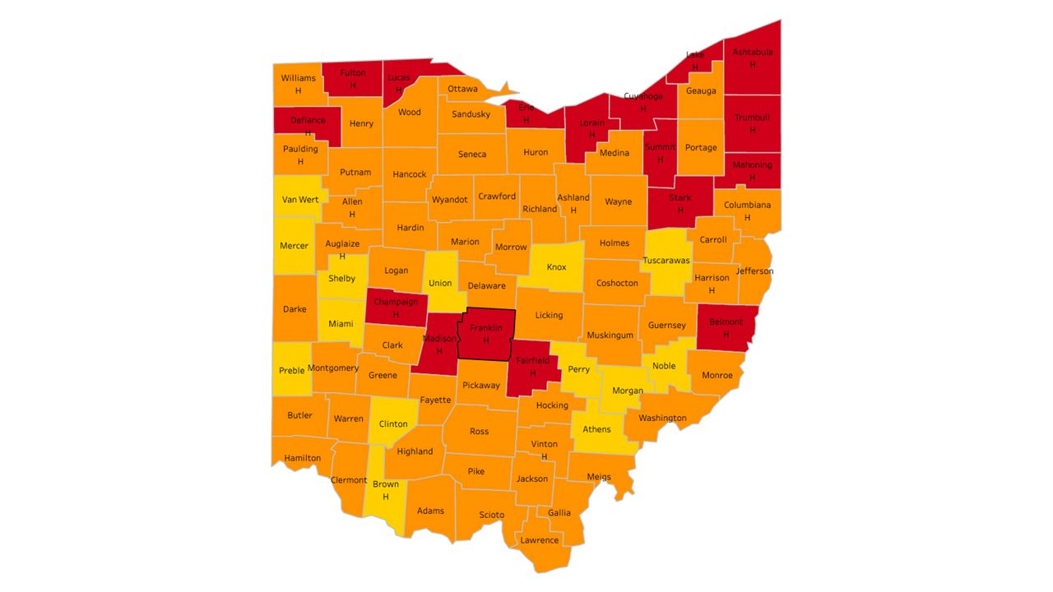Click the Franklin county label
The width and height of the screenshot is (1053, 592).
(x=485, y=328)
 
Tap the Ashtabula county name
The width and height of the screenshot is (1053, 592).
(x=752, y=52)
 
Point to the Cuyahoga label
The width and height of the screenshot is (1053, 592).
(x=643, y=96)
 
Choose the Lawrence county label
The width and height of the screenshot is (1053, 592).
(x=540, y=540)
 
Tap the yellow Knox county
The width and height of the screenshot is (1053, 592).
(x=556, y=267)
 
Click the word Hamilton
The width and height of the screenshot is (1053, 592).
(x=302, y=458)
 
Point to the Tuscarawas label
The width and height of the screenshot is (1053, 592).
(x=666, y=261)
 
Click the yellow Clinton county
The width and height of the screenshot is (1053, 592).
(x=393, y=424)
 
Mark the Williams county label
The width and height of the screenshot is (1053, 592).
(x=298, y=78)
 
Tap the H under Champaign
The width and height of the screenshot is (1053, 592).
(x=396, y=314)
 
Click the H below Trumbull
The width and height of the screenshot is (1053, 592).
(x=752, y=130)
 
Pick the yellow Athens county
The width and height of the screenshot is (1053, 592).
(x=597, y=429)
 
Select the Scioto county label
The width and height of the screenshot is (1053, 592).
(x=492, y=515)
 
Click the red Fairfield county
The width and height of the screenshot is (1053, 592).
(x=532, y=367)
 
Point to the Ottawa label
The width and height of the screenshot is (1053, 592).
(x=462, y=89)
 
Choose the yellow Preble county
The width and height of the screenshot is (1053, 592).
(x=291, y=371)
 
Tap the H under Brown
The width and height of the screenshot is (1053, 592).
(x=385, y=497)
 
